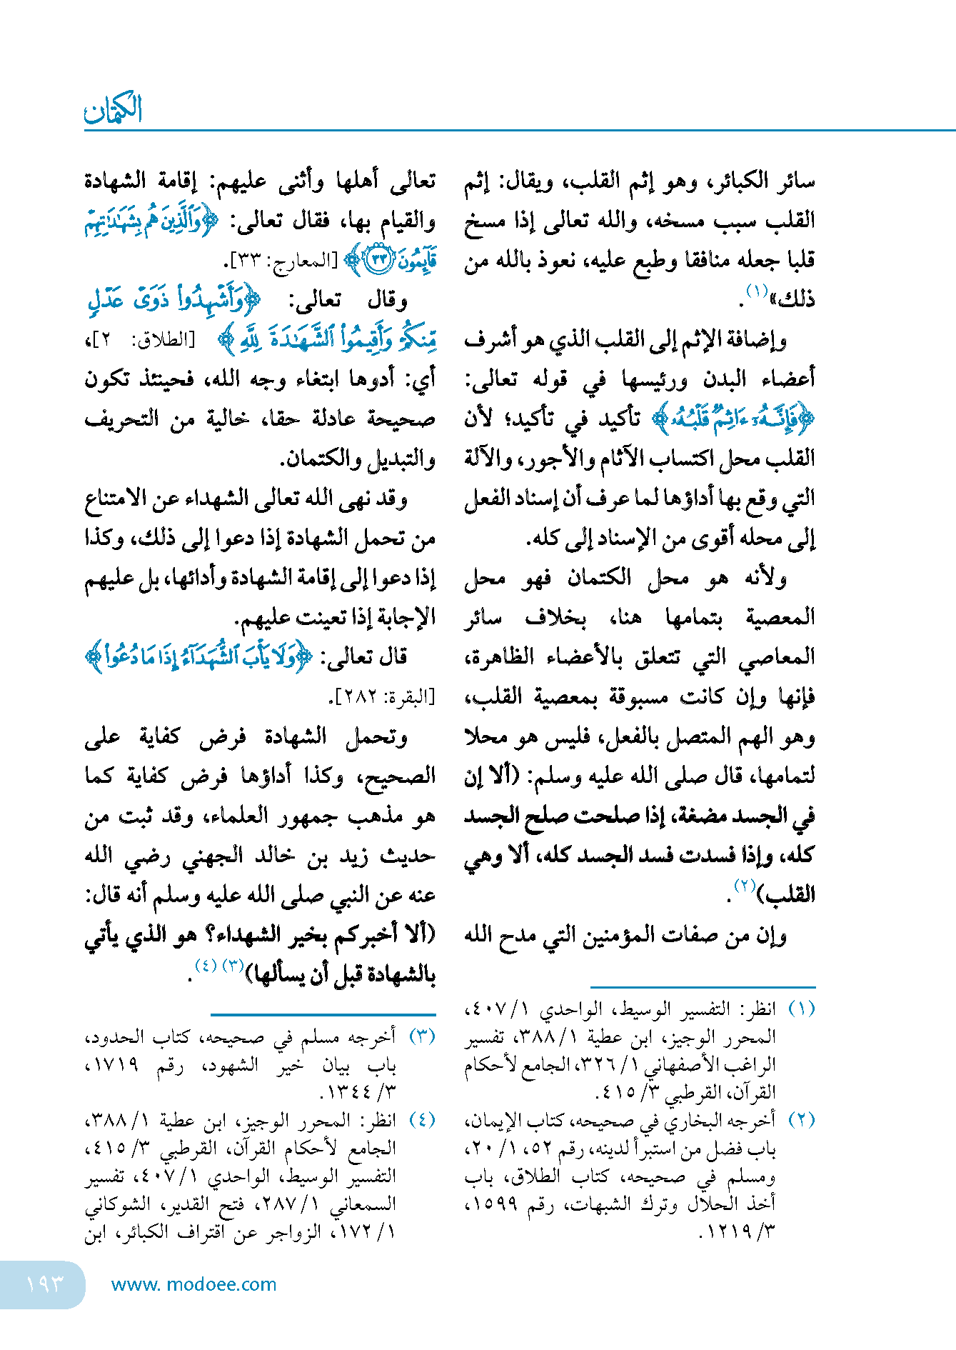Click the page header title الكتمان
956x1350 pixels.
click(114, 109)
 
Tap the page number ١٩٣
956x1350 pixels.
click(44, 1284)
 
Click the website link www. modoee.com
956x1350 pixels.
click(193, 1284)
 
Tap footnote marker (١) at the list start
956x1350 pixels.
click(801, 1009)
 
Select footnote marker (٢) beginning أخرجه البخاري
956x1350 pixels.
click(801, 1119)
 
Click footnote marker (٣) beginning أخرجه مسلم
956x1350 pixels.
click(421, 1036)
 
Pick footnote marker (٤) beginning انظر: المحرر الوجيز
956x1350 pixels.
click(421, 1119)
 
